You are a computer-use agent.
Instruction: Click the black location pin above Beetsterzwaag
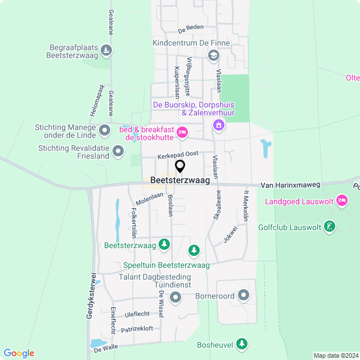180,166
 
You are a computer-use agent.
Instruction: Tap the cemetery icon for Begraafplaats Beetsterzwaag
106,51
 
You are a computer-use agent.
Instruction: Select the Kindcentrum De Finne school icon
213,55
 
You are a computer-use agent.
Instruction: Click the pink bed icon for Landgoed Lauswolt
341,200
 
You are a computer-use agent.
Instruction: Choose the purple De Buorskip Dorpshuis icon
217,125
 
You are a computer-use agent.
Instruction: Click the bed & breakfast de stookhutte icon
182,133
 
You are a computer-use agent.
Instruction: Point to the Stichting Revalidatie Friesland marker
118,151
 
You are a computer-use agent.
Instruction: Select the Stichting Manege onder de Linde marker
105,131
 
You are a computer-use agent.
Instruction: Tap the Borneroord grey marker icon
244,295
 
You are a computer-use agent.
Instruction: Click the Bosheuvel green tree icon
242,343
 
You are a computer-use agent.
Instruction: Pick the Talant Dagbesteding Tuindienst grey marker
175,298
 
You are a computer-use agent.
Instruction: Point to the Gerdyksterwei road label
89,296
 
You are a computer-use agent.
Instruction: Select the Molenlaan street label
149,199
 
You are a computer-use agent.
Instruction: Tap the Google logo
19,353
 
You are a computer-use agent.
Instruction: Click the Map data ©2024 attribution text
336,355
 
